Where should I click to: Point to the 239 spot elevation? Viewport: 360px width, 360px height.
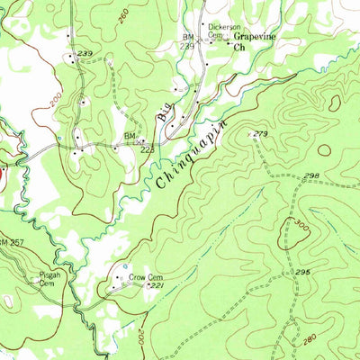click(x=85, y=55)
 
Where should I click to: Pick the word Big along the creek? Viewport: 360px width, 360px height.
click(x=164, y=113)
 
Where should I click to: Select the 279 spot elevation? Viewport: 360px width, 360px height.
click(x=261, y=133)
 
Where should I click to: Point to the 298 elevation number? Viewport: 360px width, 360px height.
click(x=311, y=176)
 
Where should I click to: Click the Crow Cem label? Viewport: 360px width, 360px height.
click(x=143, y=278)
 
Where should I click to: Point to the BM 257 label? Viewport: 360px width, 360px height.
click(x=11, y=244)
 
